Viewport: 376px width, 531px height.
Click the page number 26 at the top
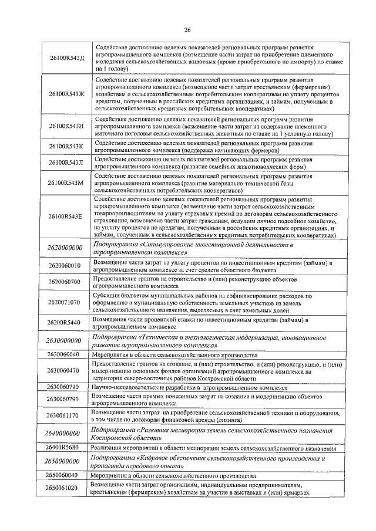(x=187, y=30)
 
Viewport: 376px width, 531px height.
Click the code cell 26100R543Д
(x=66, y=58)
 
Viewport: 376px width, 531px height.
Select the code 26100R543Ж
(x=66, y=93)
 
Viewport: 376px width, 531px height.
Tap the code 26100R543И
(x=66, y=126)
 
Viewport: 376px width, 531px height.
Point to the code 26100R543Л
(x=66, y=163)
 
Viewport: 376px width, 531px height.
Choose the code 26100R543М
(x=66, y=183)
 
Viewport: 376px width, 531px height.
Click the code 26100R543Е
(x=66, y=217)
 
